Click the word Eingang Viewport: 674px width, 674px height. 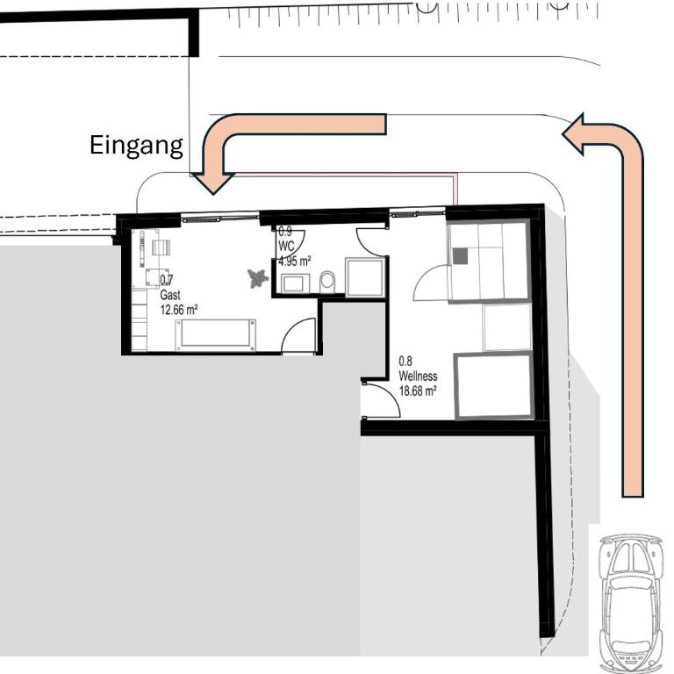tap(136, 147)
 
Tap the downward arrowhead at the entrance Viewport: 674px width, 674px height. tap(213, 183)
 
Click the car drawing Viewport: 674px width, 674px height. tap(629, 603)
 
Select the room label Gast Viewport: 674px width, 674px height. tap(169, 295)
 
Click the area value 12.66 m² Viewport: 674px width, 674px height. tap(179, 310)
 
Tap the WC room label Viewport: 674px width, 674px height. tap(287, 247)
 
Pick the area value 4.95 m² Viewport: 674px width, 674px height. tap(295, 261)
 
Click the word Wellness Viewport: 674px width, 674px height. tap(418, 376)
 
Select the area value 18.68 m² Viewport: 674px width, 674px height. tap(418, 391)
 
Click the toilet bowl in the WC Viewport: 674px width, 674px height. tap(327, 282)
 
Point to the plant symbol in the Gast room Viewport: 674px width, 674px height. tap(258, 278)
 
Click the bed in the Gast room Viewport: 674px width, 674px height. tap(215, 335)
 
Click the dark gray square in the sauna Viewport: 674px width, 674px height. tap(460, 256)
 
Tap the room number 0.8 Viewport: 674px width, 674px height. tap(405, 361)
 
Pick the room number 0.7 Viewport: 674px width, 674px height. tap(167, 280)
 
